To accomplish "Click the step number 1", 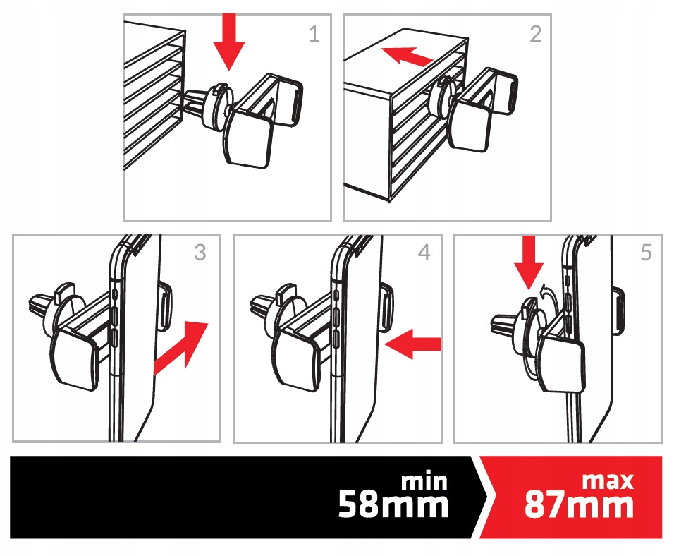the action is (314, 34).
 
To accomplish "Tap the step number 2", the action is (536, 34).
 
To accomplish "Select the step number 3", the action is (200, 253).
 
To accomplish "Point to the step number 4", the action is (424, 253).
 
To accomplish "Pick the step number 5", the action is (647, 253).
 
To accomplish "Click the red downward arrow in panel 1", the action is (229, 41).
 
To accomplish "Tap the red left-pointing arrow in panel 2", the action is (407, 56).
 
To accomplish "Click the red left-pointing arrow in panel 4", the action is (413, 344).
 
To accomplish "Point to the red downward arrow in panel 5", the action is (528, 262).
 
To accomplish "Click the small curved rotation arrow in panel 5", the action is (549, 294).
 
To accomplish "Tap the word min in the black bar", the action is (424, 482).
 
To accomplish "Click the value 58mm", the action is (393, 504).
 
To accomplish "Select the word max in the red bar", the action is (608, 481).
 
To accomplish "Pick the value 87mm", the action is (579, 504).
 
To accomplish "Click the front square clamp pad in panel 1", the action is (248, 140).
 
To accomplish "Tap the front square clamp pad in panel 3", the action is (74, 359).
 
